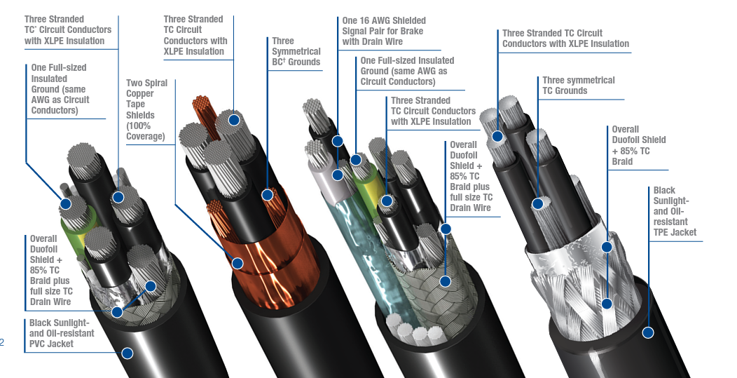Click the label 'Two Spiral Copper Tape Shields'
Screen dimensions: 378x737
[x=146, y=109]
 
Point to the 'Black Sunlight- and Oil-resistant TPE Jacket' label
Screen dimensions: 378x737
[x=675, y=211]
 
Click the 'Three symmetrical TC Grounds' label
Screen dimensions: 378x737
[x=578, y=86]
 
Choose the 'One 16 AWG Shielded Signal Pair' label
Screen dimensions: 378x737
[x=383, y=31]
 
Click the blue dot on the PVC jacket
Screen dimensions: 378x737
[x=128, y=353]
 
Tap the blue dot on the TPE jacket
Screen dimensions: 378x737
[x=648, y=334]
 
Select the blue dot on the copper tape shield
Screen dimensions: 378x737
[x=237, y=264]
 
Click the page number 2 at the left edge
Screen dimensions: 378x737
[x=2, y=342]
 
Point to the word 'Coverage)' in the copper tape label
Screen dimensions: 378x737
[x=145, y=136]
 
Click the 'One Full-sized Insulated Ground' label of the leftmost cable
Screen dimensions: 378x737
[x=59, y=89]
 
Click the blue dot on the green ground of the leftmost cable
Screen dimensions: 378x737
[x=66, y=205]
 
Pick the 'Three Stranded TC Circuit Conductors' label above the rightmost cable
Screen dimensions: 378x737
[x=565, y=38]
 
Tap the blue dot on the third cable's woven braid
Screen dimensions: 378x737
[x=445, y=282]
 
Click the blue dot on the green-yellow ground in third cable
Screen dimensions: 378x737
[x=356, y=160]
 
